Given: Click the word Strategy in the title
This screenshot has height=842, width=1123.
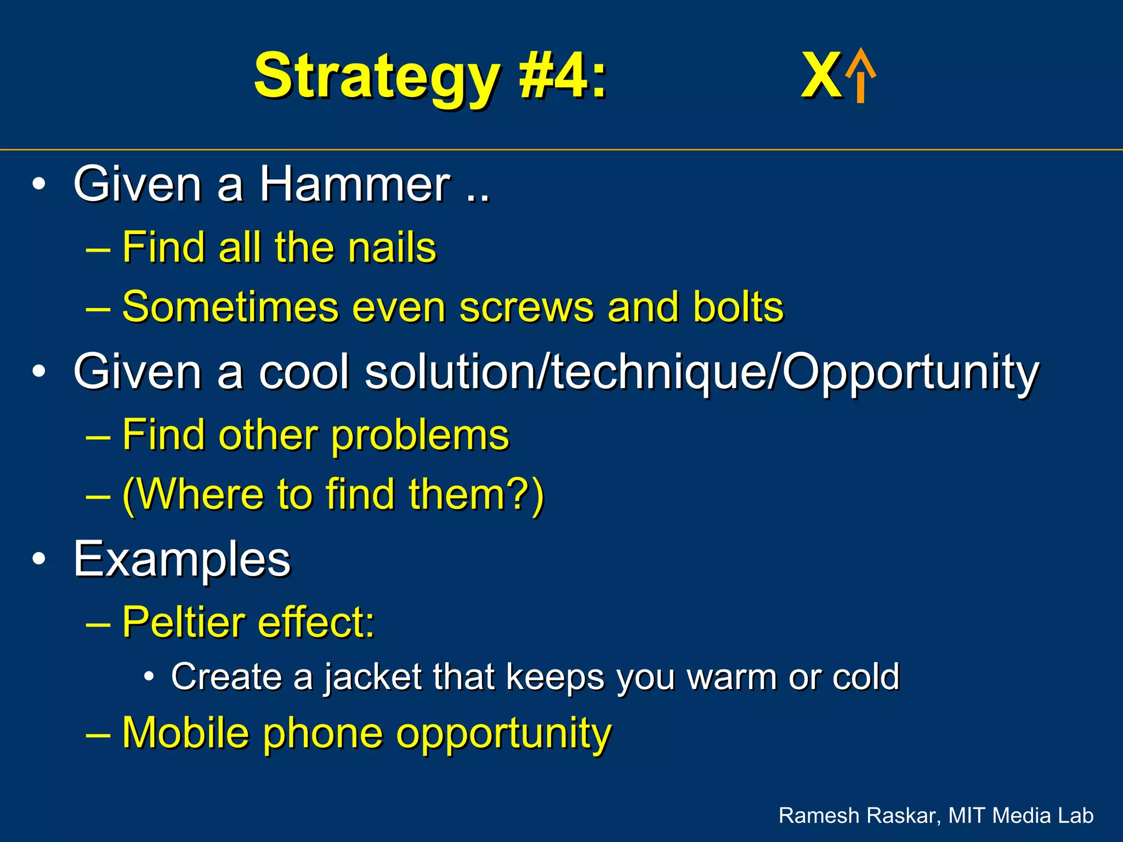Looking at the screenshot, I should coord(376,77).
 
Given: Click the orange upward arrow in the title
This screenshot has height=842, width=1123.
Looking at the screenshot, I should coord(860,76).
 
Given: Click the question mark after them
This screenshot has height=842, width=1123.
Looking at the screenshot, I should coord(520,494).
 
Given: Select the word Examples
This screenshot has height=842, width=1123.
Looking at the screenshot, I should coord(182,560).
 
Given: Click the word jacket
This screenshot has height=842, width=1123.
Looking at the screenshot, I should coord(372,678).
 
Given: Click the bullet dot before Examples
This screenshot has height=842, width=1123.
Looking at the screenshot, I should coord(38,560).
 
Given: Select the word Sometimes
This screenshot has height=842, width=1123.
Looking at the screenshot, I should coord(230,307).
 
